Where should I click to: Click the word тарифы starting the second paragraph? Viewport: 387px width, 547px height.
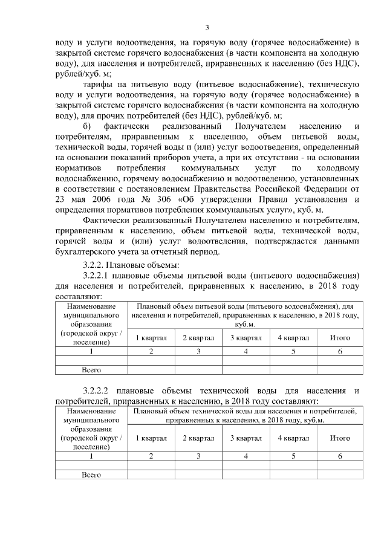click(99, 85)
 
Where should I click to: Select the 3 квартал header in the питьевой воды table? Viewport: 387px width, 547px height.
click(245, 337)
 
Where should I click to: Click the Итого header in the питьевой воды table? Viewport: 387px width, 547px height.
click(340, 337)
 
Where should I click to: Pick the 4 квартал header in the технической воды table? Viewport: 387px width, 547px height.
click(293, 438)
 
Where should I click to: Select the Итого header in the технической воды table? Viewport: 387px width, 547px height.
click(340, 438)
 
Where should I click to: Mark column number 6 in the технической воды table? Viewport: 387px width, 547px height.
click(340, 456)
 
